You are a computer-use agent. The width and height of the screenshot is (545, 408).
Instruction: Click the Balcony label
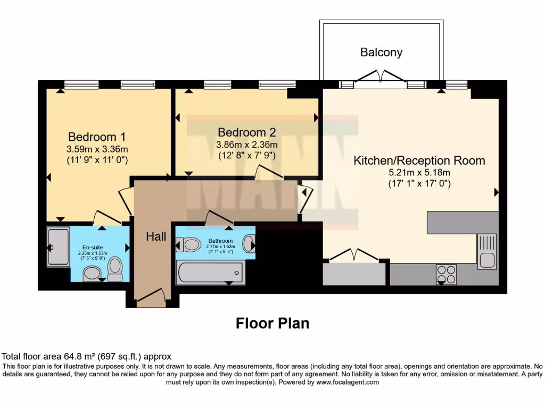coord(381,52)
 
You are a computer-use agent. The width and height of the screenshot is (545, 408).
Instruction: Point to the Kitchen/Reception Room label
coord(419,160)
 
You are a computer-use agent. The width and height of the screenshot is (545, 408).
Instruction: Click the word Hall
coord(156,236)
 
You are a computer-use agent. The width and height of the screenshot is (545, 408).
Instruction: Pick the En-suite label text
coord(93,247)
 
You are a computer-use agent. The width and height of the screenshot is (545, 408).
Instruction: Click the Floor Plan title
coord(272,323)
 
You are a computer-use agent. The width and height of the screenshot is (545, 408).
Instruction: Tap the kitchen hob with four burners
coord(446,274)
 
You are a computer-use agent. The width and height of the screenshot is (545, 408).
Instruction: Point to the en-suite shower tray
coord(58,247)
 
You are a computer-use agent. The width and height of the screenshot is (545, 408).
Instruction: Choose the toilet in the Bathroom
coord(186,244)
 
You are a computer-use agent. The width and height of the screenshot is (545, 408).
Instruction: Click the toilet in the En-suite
coord(114,270)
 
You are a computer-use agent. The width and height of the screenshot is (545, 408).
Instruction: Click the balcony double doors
coord(381,78)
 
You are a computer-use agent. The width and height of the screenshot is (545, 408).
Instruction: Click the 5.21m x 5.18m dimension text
coord(419,173)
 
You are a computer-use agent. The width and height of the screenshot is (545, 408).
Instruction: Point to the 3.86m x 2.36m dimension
coord(246,144)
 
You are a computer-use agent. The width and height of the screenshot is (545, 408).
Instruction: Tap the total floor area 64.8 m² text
coord(87,356)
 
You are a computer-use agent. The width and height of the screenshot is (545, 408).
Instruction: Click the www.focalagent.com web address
coord(348,382)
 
